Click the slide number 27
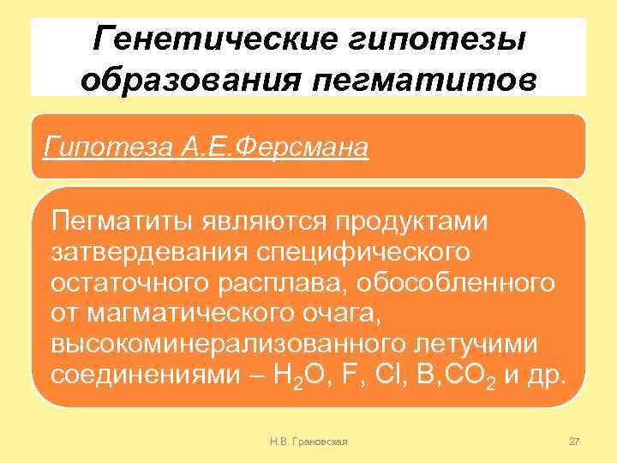tap(574, 441)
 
